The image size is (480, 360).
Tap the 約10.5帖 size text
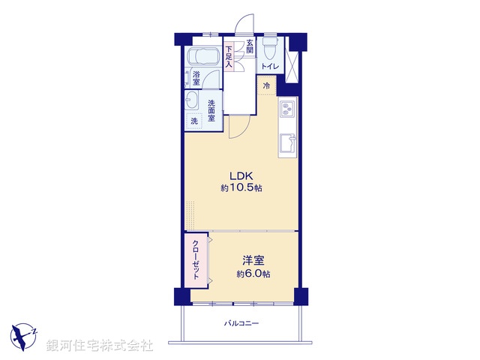(x=241, y=187)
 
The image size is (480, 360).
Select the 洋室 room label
(x=253, y=260)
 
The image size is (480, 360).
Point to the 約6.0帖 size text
(x=253, y=274)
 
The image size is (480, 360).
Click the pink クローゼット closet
(x=196, y=259)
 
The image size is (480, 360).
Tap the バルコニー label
(x=241, y=324)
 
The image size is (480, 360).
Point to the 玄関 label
(x=250, y=46)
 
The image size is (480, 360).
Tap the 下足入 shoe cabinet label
(x=229, y=54)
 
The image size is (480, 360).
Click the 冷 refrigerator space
(x=266, y=85)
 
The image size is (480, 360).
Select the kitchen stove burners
(x=286, y=110)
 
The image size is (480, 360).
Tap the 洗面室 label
(x=211, y=110)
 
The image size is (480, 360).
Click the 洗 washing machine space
(x=194, y=121)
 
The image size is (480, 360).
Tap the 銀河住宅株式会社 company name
(x=100, y=346)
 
